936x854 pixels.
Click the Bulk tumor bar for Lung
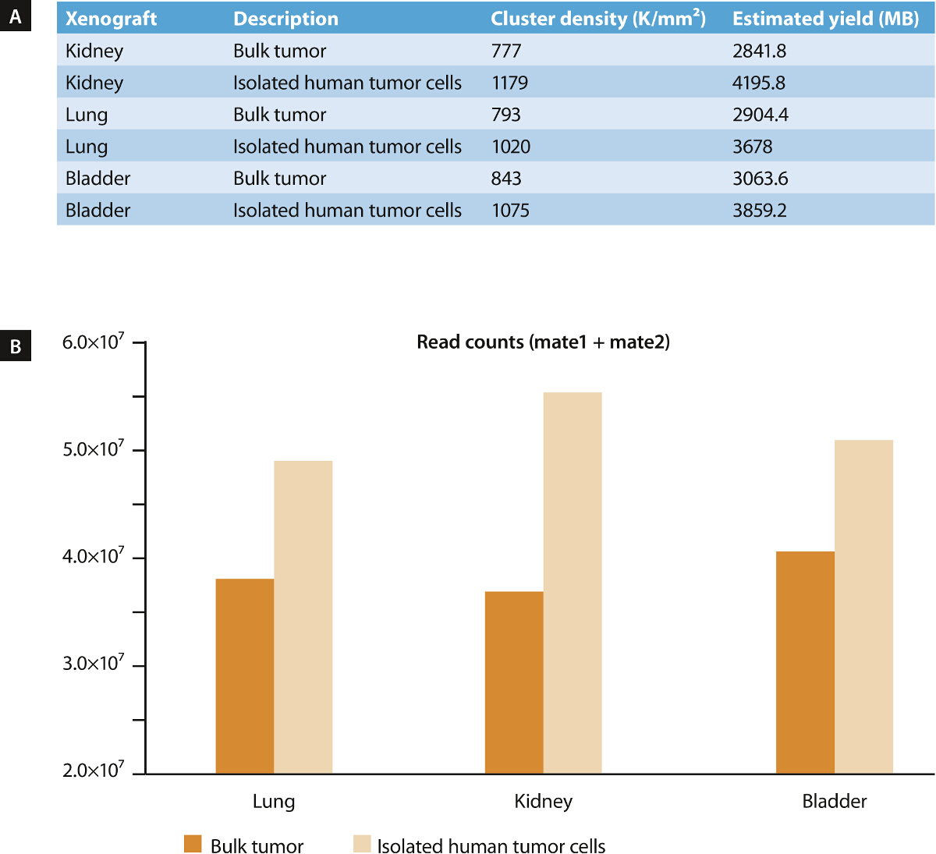244,676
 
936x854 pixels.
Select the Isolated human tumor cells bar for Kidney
573,583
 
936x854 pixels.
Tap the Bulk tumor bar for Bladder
805,662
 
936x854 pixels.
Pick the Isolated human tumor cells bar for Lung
303,617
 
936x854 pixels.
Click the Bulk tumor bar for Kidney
514,682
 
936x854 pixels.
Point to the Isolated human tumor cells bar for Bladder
863,607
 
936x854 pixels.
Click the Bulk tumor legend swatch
193,844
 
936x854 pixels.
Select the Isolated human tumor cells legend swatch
362,844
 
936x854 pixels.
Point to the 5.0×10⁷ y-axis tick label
93,449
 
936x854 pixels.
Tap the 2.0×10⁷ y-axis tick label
93,771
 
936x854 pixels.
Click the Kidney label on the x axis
543,801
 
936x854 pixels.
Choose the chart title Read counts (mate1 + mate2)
543,342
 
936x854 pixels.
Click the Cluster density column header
597,18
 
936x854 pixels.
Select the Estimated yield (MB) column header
825,18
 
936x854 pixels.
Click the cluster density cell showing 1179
509,83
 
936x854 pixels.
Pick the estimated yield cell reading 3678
752,147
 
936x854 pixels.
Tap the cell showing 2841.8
759,51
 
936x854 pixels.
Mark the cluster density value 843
505,179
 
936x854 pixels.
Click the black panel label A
16,16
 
